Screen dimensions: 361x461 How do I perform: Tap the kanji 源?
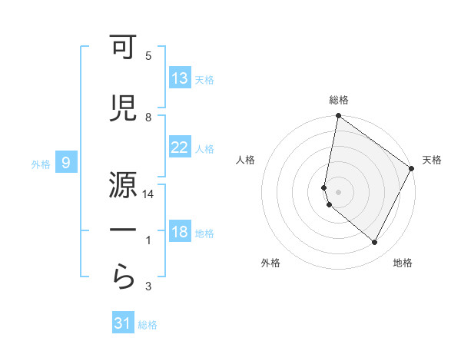coord(124,181)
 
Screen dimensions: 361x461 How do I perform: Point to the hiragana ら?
coord(124,276)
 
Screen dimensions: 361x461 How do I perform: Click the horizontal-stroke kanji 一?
coord(124,229)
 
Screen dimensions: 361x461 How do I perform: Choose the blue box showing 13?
coord(180,78)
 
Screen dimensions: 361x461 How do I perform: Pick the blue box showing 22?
coord(180,148)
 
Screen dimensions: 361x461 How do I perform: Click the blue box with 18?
coord(180,233)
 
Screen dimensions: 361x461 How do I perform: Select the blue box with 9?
coord(66,163)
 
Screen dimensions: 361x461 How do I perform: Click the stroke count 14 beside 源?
coord(148,195)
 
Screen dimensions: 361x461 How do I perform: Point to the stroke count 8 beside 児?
coord(148,117)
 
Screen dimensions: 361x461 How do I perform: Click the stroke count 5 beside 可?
coord(148,56)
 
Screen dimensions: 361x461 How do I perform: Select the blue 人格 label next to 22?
coord(204,149)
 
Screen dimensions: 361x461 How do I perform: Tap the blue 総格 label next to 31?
coord(148,325)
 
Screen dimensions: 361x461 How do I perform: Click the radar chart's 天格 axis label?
coord(432,160)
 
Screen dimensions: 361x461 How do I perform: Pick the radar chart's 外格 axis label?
coord(270,263)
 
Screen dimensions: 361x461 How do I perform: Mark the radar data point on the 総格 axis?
coord(338,117)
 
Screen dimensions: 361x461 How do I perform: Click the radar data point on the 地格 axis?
coord(375,243)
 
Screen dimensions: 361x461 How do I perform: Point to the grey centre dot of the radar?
coord(338,190)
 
